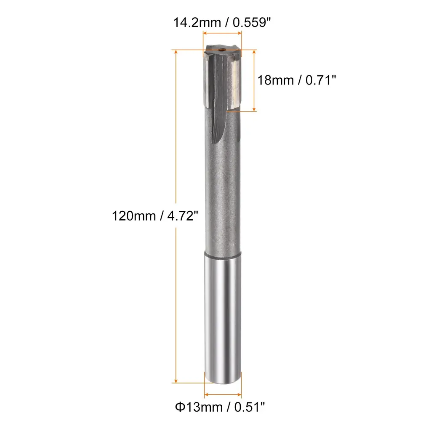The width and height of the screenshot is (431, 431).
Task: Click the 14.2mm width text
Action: pyautogui.click(x=197, y=22)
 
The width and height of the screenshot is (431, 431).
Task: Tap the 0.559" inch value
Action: pyautogui.click(x=252, y=22)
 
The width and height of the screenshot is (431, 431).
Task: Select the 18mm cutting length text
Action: pyautogui.click(x=275, y=80)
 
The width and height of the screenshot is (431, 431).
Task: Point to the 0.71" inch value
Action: pyautogui.click(x=320, y=80)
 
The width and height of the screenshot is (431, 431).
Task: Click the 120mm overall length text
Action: pyautogui.click(x=134, y=216)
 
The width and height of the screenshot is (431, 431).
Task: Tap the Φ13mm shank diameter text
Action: pyautogui.click(x=199, y=407)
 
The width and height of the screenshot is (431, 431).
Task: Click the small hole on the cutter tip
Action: pyautogui.click(x=223, y=50)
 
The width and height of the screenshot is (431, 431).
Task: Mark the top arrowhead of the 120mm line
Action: pyautogui.click(x=176, y=52)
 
